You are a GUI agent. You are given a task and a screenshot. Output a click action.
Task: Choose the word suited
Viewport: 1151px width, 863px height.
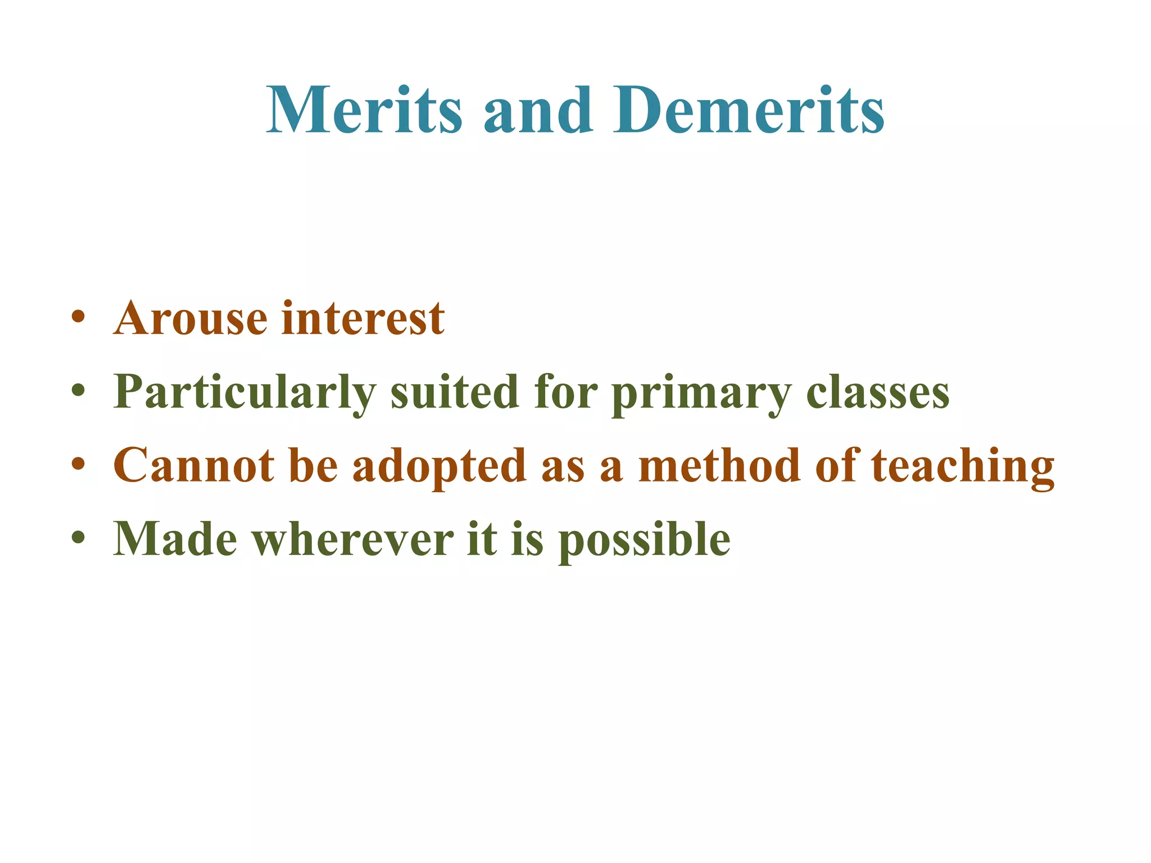[454, 392]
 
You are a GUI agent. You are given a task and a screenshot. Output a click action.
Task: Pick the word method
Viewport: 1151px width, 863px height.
[720, 466]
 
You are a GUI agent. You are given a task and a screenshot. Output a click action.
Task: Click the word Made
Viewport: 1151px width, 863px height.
[175, 539]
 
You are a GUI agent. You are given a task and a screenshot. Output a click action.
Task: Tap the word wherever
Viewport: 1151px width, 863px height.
[352, 539]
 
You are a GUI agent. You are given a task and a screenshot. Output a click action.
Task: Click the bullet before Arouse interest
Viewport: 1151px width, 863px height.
[79, 316]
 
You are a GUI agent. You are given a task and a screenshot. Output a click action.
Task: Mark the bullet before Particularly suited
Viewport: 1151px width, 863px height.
[79, 390]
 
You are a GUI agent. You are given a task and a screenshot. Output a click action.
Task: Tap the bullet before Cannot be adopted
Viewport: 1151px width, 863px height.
[79, 464]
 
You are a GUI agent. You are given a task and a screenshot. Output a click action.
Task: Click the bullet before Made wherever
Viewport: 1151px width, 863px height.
[79, 537]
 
